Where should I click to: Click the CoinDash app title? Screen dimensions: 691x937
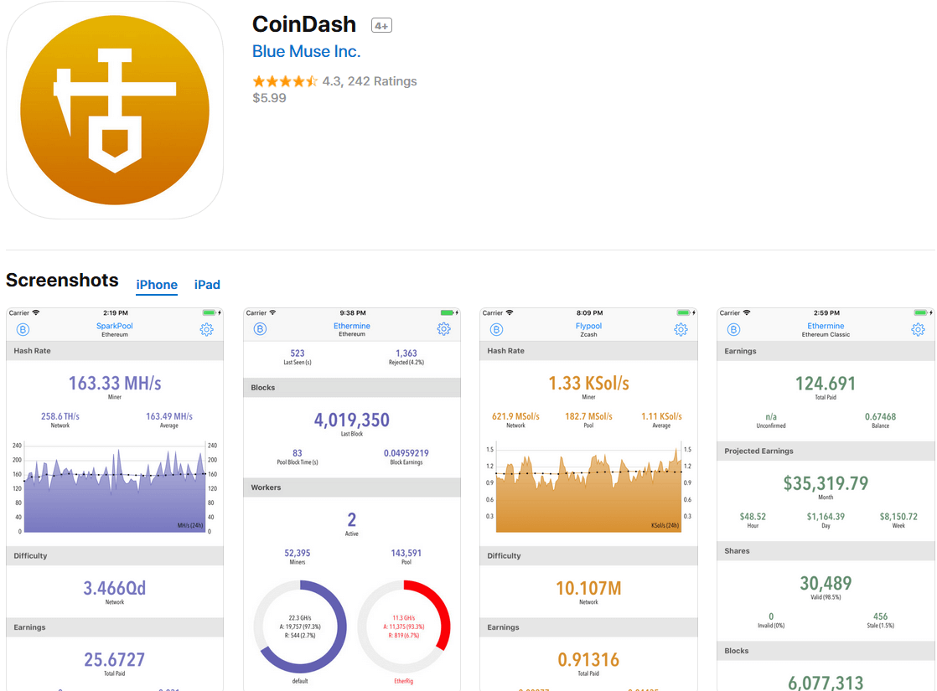[x=304, y=24]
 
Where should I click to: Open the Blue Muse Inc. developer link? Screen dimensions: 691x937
[x=306, y=51]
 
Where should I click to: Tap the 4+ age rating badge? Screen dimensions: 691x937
[x=381, y=26]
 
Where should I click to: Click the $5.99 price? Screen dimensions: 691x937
[x=269, y=98]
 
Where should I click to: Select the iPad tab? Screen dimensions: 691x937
[x=207, y=285]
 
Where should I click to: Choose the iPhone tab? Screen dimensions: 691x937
[x=157, y=285]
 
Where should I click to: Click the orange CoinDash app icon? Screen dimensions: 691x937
[x=115, y=110]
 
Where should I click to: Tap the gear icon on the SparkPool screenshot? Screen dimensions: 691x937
[x=207, y=329]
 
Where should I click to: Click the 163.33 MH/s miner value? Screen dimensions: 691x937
[x=115, y=384]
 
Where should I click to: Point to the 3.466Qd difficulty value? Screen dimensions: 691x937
[x=115, y=588]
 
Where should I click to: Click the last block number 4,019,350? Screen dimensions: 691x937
[x=352, y=420]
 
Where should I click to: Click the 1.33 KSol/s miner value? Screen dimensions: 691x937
[x=588, y=384]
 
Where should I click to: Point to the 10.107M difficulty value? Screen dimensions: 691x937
[x=588, y=588]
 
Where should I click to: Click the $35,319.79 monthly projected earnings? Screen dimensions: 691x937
[x=826, y=483]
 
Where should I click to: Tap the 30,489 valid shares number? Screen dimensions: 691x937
[x=826, y=583]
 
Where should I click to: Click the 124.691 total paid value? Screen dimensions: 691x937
[x=826, y=384]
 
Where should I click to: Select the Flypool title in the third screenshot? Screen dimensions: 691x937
[x=588, y=326]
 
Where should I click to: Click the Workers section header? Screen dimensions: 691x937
[x=267, y=487]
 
